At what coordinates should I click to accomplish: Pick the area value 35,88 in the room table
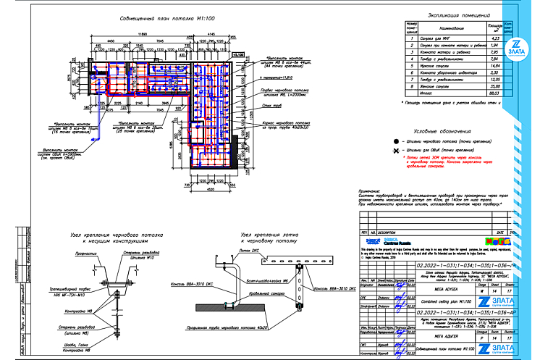pos(497,86)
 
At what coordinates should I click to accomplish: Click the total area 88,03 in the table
pos(497,93)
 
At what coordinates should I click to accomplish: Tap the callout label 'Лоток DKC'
pos(249,249)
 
